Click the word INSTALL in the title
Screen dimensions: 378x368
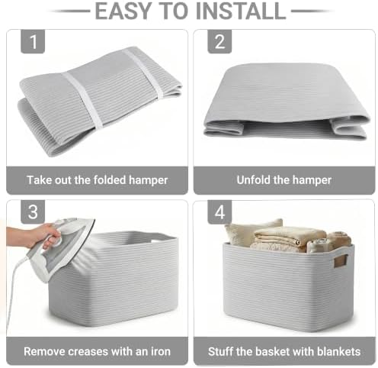click(x=241, y=11)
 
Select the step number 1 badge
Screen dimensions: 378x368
click(x=33, y=41)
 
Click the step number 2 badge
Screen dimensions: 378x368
click(x=219, y=41)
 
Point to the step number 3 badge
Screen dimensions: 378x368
click(x=33, y=211)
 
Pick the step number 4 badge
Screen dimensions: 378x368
click(x=219, y=211)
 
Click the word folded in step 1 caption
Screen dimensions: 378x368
click(x=110, y=180)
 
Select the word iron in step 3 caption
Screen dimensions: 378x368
click(x=161, y=351)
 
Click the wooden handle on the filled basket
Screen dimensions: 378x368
click(x=340, y=261)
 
